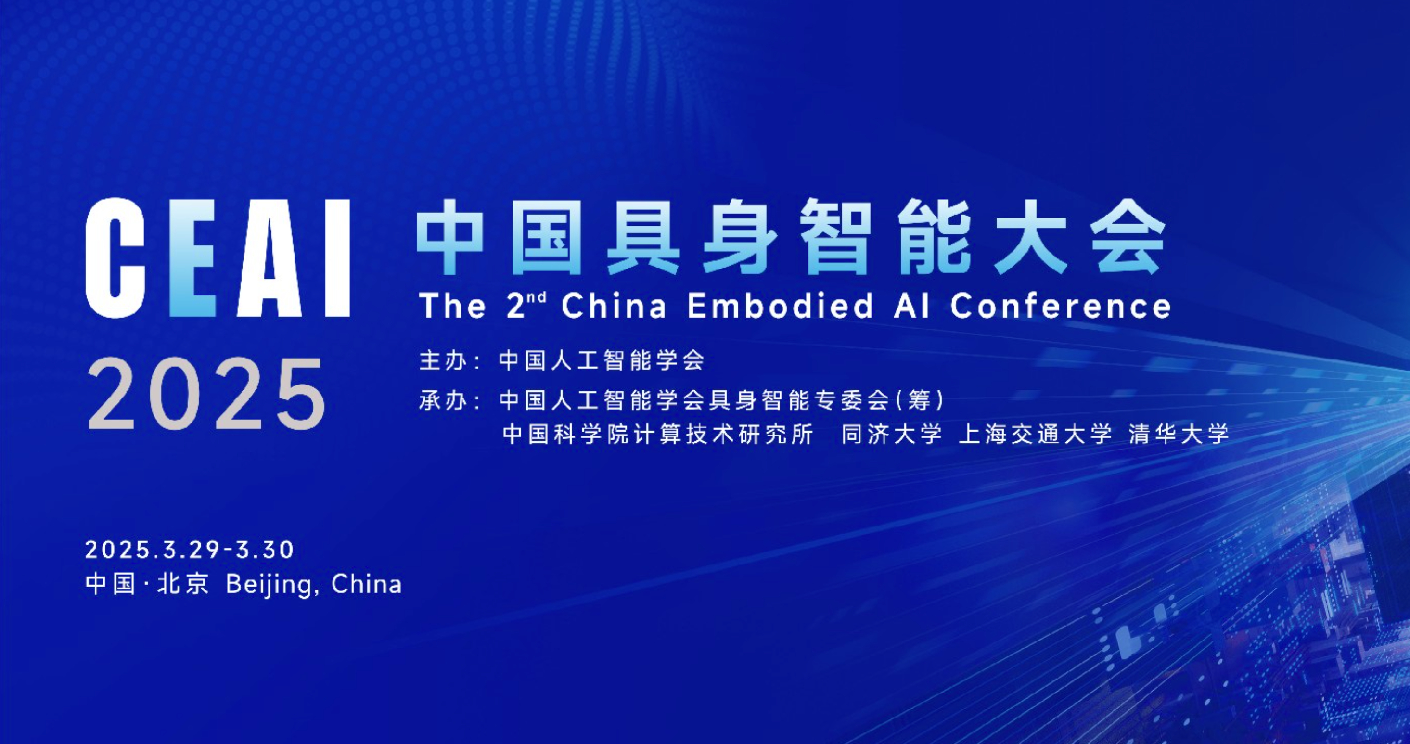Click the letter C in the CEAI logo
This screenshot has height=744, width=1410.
[x=115, y=257]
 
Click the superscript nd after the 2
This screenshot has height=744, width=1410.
[x=538, y=297]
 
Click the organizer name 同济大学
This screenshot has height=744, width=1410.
[x=892, y=434]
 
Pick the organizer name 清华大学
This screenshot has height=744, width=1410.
[x=1179, y=434]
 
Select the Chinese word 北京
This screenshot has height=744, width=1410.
[x=183, y=584]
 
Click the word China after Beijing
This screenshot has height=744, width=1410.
[x=366, y=584]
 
